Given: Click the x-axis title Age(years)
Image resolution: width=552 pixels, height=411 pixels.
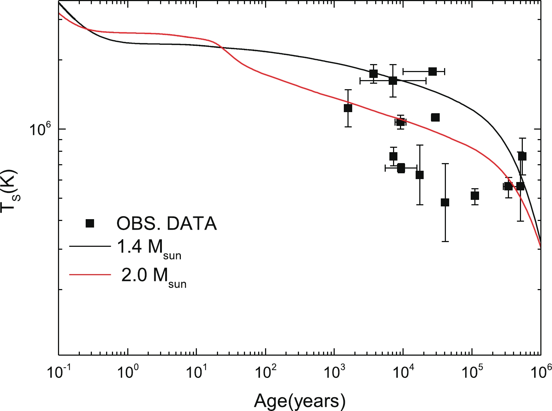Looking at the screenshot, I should [299, 401].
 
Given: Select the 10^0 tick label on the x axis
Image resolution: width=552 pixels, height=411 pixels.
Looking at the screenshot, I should [127, 374].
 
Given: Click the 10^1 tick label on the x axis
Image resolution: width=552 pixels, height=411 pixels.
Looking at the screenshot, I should [196, 374].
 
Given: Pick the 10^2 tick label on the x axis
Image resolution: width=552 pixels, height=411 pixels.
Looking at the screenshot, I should [265, 374].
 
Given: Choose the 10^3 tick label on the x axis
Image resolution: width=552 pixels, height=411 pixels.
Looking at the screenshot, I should [334, 374].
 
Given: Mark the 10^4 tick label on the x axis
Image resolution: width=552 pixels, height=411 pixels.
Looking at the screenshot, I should [403, 374].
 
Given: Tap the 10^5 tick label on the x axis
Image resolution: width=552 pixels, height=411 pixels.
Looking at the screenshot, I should [471, 374].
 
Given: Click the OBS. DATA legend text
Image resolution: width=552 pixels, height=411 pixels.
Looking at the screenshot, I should [167, 224].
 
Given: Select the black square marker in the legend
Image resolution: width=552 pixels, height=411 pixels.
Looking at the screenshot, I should [90, 223].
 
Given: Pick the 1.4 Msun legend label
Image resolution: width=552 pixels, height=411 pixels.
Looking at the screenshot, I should [149, 248].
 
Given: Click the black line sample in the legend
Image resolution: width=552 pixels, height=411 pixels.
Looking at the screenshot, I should [90, 246].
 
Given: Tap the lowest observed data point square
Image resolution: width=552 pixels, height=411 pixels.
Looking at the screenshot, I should [445, 202].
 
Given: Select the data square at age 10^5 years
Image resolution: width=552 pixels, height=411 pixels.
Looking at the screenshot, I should [474, 196].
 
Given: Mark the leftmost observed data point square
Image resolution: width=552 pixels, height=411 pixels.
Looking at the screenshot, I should [348, 108].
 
